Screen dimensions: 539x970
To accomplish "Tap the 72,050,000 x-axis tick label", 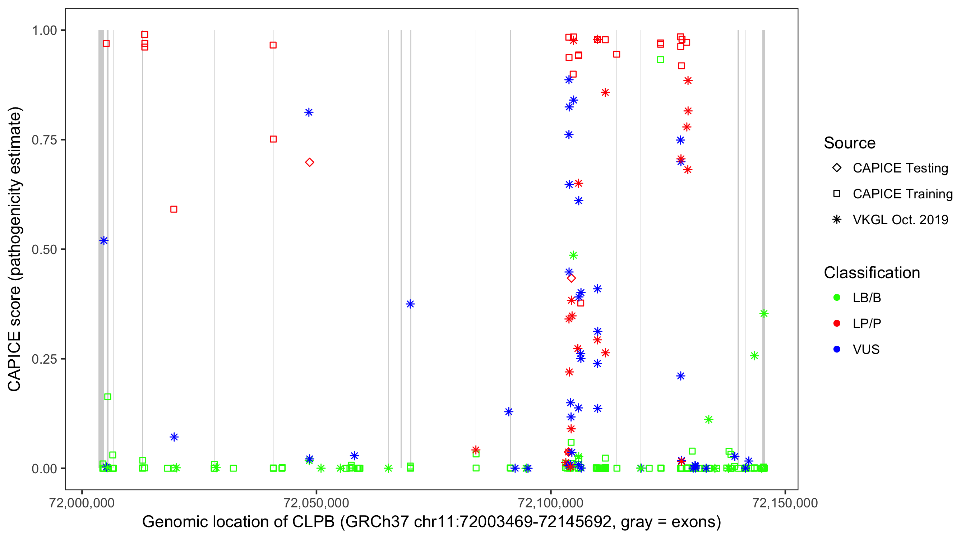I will click(x=316, y=503).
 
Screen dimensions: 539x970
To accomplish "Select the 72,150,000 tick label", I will click(x=785, y=503).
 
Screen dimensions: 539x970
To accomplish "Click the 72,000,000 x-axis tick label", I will click(x=82, y=503).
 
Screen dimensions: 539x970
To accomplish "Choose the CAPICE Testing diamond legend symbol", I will click(x=837, y=167).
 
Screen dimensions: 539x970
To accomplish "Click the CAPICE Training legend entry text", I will click(x=902, y=194).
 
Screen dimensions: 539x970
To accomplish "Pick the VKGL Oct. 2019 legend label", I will click(x=900, y=220).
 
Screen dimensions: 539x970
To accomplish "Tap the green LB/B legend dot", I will click(x=837, y=298).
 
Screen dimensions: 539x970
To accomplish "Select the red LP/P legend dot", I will click(x=837, y=323).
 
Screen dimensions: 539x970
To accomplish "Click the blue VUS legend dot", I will click(x=837, y=349).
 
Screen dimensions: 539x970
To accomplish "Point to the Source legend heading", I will click(x=850, y=143).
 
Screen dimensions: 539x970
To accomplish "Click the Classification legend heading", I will click(x=872, y=273).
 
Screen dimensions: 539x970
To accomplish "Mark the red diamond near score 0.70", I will click(x=310, y=162).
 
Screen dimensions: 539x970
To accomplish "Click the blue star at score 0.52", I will click(x=104, y=241).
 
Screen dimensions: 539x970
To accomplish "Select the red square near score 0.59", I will click(x=174, y=209).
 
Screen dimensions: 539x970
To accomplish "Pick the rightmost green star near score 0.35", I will click(x=764, y=313).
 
